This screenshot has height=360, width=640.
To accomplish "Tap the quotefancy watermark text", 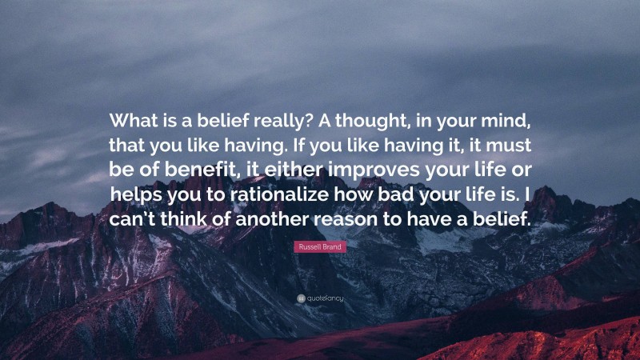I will (323, 298).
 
